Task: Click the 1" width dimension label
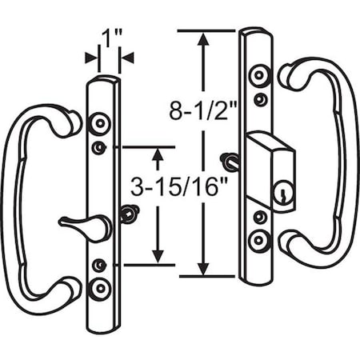coord(109,37)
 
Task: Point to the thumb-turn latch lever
coord(83,226)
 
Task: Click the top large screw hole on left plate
coord(99,124)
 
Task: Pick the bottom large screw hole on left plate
coord(100,287)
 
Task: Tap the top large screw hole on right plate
coord(258,76)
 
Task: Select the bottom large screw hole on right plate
coord(258,241)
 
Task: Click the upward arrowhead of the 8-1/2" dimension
coord(206,40)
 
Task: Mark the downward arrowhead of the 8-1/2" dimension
coord(206,267)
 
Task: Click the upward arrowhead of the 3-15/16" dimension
coord(158,155)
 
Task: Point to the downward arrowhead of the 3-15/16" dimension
coord(158,255)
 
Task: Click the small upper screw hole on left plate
coord(100,147)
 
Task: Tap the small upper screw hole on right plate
coord(259,100)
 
